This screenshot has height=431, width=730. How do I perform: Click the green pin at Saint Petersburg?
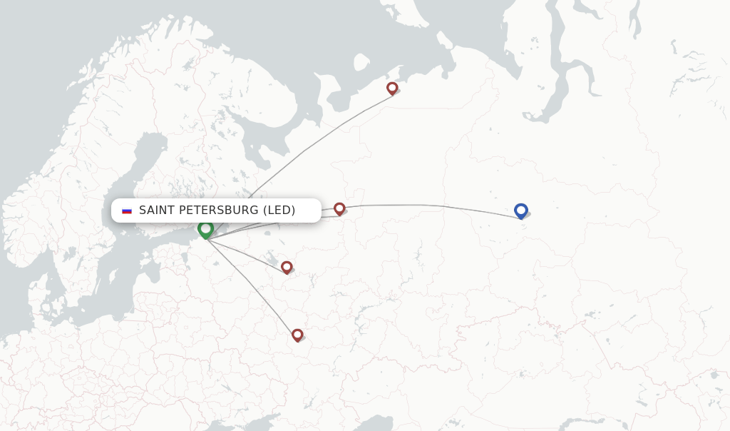[205, 228]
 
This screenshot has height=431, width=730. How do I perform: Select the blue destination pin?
[520, 211]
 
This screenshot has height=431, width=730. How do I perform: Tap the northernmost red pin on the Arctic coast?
[392, 88]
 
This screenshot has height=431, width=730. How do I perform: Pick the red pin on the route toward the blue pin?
[339, 208]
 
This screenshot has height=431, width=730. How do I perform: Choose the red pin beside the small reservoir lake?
[287, 267]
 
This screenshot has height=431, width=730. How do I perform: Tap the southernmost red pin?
[297, 335]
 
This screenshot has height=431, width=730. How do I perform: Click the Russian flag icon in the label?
[127, 211]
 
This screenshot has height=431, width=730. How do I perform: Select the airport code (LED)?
[279, 211]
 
